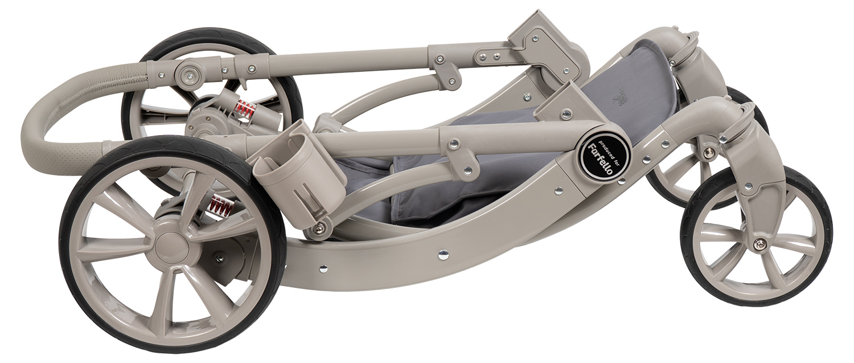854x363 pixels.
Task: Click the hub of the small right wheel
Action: click(759, 243)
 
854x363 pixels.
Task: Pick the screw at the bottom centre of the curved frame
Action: click(442, 254)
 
